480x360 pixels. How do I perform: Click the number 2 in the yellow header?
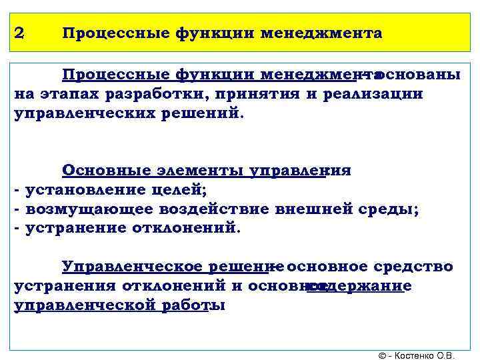(x=20, y=33)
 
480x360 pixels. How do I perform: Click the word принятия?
(x=253, y=94)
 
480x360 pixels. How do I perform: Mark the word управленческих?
(x=77, y=113)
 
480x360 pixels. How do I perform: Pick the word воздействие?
(x=214, y=209)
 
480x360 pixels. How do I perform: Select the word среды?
(x=388, y=209)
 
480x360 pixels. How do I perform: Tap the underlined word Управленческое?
(x=128, y=267)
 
